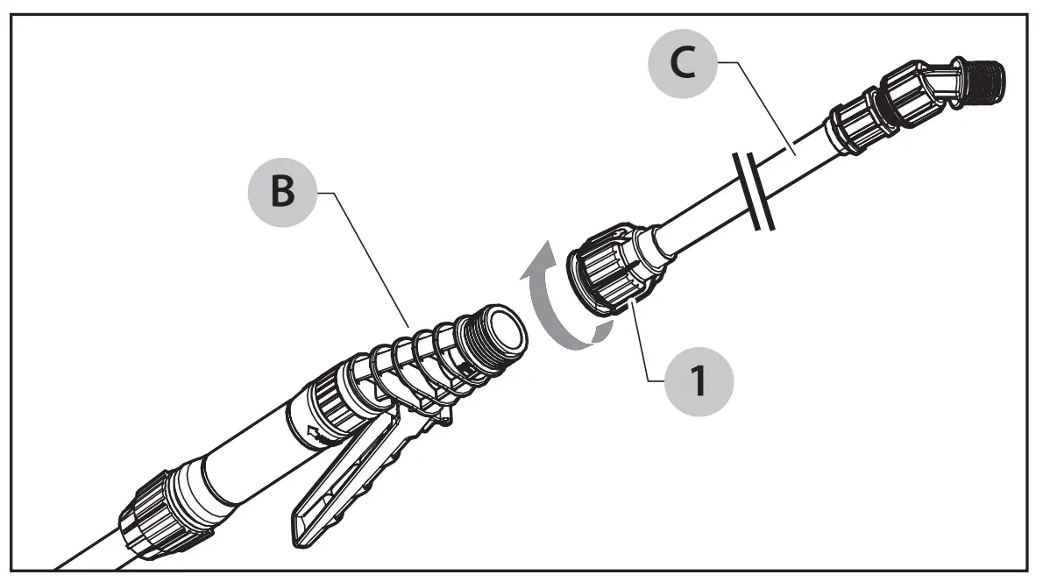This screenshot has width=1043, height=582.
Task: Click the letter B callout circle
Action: coord(281,194)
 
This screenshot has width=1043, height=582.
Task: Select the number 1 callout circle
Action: coord(698,381)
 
